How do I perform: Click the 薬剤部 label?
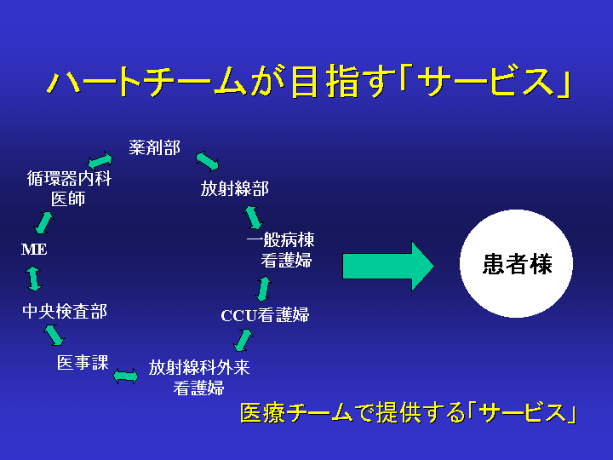point(154,148)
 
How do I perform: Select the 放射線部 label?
point(235,188)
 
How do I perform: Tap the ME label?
point(34,249)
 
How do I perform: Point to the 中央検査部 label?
point(65,312)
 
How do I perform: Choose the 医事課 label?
point(83,362)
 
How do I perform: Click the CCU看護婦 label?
point(265,315)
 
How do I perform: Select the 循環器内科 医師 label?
point(69,188)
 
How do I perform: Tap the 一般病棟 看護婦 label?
point(281,250)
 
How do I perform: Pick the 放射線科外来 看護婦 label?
point(199,377)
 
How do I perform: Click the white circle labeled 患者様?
point(516,263)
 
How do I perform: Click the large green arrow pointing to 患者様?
point(388,266)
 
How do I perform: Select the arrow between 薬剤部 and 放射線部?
point(207,162)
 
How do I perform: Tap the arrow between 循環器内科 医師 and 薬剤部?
point(100,160)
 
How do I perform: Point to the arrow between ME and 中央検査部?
point(34,279)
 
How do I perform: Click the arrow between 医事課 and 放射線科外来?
point(125,377)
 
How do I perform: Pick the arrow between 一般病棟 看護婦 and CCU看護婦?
point(263,289)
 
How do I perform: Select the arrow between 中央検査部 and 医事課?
point(54,336)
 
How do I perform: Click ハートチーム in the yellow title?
point(147,82)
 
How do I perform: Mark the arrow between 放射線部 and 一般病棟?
point(254,217)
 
